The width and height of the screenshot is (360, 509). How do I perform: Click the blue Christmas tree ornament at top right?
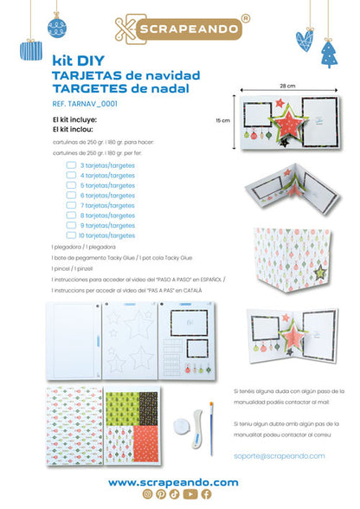click(x=330, y=55)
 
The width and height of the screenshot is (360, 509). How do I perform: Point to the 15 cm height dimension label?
click(x=223, y=121)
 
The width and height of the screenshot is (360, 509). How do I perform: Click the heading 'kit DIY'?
click(x=74, y=63)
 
